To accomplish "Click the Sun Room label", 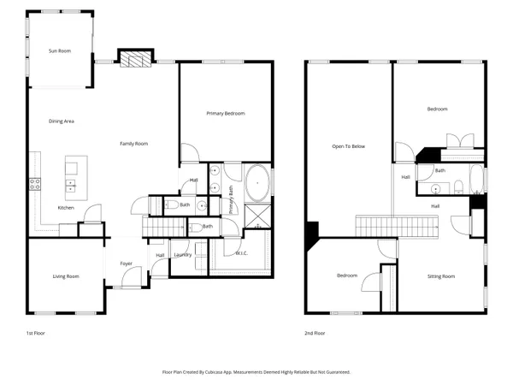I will [59, 51].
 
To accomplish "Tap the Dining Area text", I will [61, 121].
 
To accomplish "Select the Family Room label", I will [133, 144].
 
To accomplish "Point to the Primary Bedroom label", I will [227, 113].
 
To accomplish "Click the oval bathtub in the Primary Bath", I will [256, 182].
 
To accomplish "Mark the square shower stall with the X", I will [256, 216].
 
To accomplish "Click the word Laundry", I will [182, 255].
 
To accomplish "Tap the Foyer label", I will [126, 264].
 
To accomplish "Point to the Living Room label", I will [66, 275].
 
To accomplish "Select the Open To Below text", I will [348, 146].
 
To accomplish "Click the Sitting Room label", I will [441, 276].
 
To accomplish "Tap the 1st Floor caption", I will [36, 333].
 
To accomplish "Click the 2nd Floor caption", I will [315, 333].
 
